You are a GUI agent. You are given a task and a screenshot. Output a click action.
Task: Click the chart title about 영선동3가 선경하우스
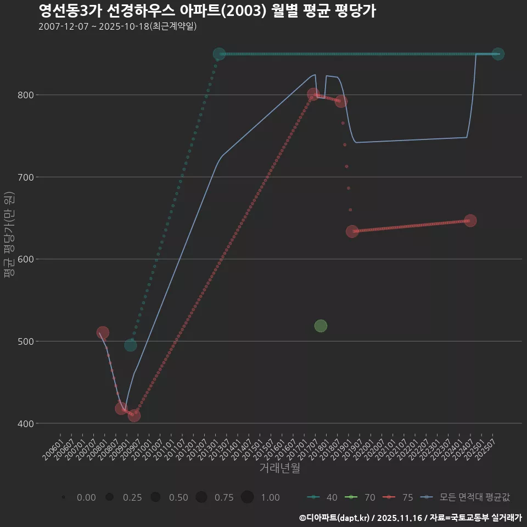tap(207, 11)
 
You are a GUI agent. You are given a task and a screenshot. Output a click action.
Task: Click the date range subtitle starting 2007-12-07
tap(117, 26)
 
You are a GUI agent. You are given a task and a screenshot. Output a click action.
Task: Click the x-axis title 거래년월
tap(279, 468)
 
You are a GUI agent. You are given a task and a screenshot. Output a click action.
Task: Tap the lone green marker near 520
tap(321, 326)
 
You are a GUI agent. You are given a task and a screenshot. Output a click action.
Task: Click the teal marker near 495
tap(130, 345)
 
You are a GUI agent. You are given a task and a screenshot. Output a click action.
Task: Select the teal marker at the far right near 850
tap(498, 54)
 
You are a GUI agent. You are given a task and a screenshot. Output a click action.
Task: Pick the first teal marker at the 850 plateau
tap(219, 54)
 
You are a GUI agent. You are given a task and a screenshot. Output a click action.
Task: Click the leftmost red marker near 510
tap(103, 333)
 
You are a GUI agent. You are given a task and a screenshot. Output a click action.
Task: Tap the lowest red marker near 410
tap(134, 416)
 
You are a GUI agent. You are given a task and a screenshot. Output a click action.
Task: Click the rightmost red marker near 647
tap(470, 221)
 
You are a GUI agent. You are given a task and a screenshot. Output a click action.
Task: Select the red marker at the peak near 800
tap(313, 94)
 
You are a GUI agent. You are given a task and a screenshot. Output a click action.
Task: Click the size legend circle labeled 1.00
tap(247, 497)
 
